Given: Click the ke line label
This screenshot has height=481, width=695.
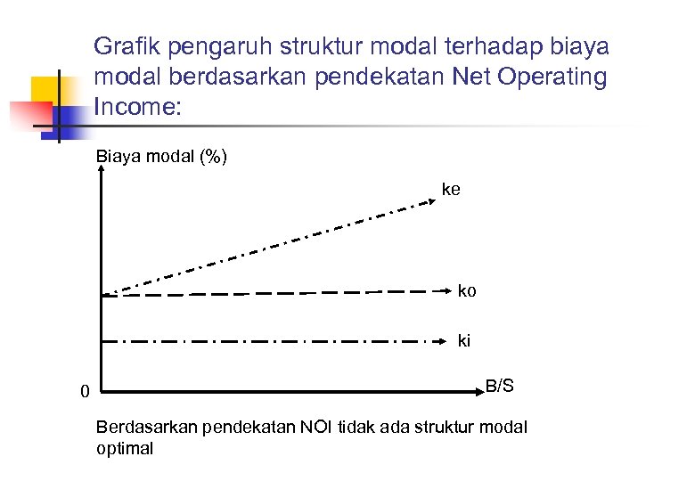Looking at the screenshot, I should point(451,190).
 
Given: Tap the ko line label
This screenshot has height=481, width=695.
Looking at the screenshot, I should point(467,291).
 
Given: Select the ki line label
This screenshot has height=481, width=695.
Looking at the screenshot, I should point(464,339).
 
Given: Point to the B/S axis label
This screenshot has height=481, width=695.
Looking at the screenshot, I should point(499,386).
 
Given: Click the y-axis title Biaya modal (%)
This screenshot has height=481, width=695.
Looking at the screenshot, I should point(161,158).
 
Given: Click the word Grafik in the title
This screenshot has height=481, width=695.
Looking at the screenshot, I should point(123,45).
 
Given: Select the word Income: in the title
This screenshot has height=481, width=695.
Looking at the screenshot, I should point(136,108).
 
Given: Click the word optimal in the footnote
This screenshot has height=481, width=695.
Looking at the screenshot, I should point(124,448).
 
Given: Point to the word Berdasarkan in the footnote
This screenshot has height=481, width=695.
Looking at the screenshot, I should point(146,427).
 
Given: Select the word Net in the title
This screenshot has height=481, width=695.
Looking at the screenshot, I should point(472,77).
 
